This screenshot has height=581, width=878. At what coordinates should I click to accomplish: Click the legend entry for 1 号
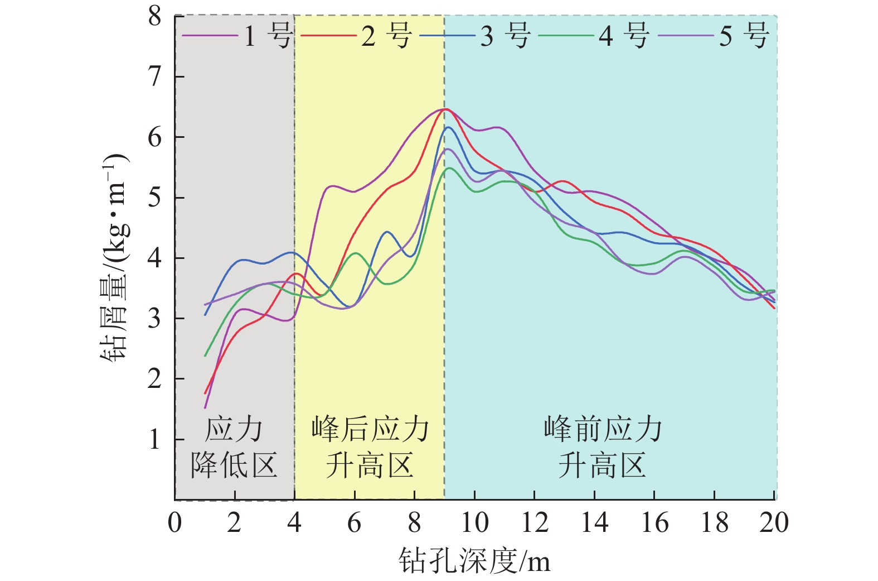237,36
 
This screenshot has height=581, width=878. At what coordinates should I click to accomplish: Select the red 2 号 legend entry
356,36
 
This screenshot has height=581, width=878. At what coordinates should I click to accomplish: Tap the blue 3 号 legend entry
475,36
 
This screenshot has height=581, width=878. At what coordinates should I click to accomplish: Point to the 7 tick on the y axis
154,76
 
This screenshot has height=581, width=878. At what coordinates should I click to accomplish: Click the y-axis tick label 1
154,440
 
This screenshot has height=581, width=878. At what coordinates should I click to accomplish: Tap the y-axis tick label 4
154,258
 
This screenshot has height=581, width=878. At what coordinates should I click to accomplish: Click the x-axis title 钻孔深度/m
474,560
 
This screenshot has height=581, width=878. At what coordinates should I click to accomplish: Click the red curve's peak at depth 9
445,109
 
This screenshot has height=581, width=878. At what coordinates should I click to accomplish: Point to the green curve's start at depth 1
205,356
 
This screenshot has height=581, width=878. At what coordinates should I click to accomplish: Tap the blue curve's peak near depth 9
448,128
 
